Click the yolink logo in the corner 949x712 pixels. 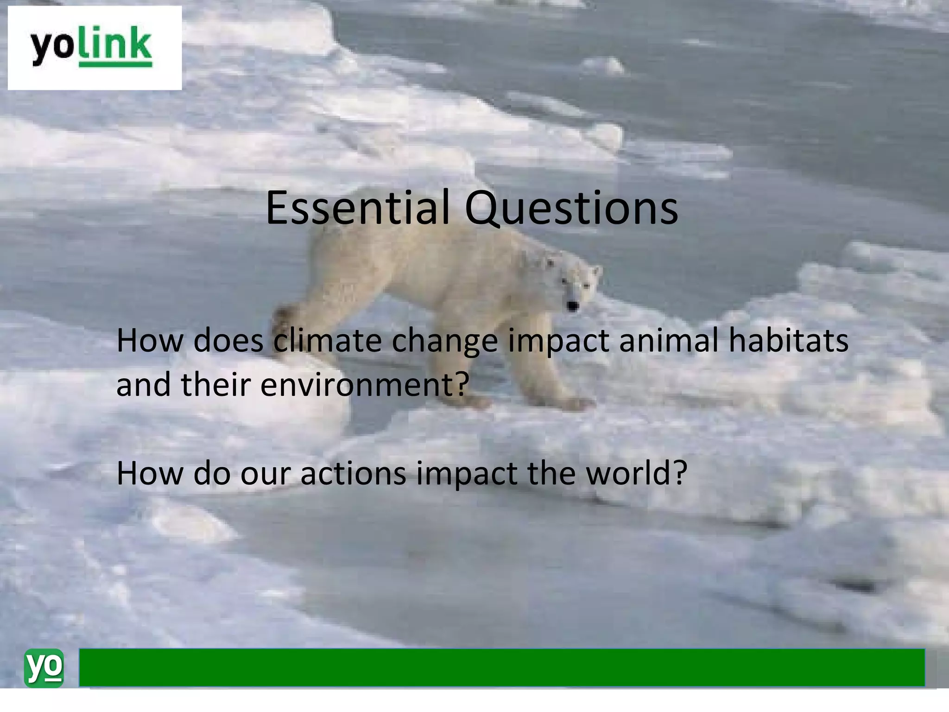point(94,48)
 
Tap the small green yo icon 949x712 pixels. point(44,668)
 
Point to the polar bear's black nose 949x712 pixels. point(573,306)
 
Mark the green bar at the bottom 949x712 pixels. point(501,667)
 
